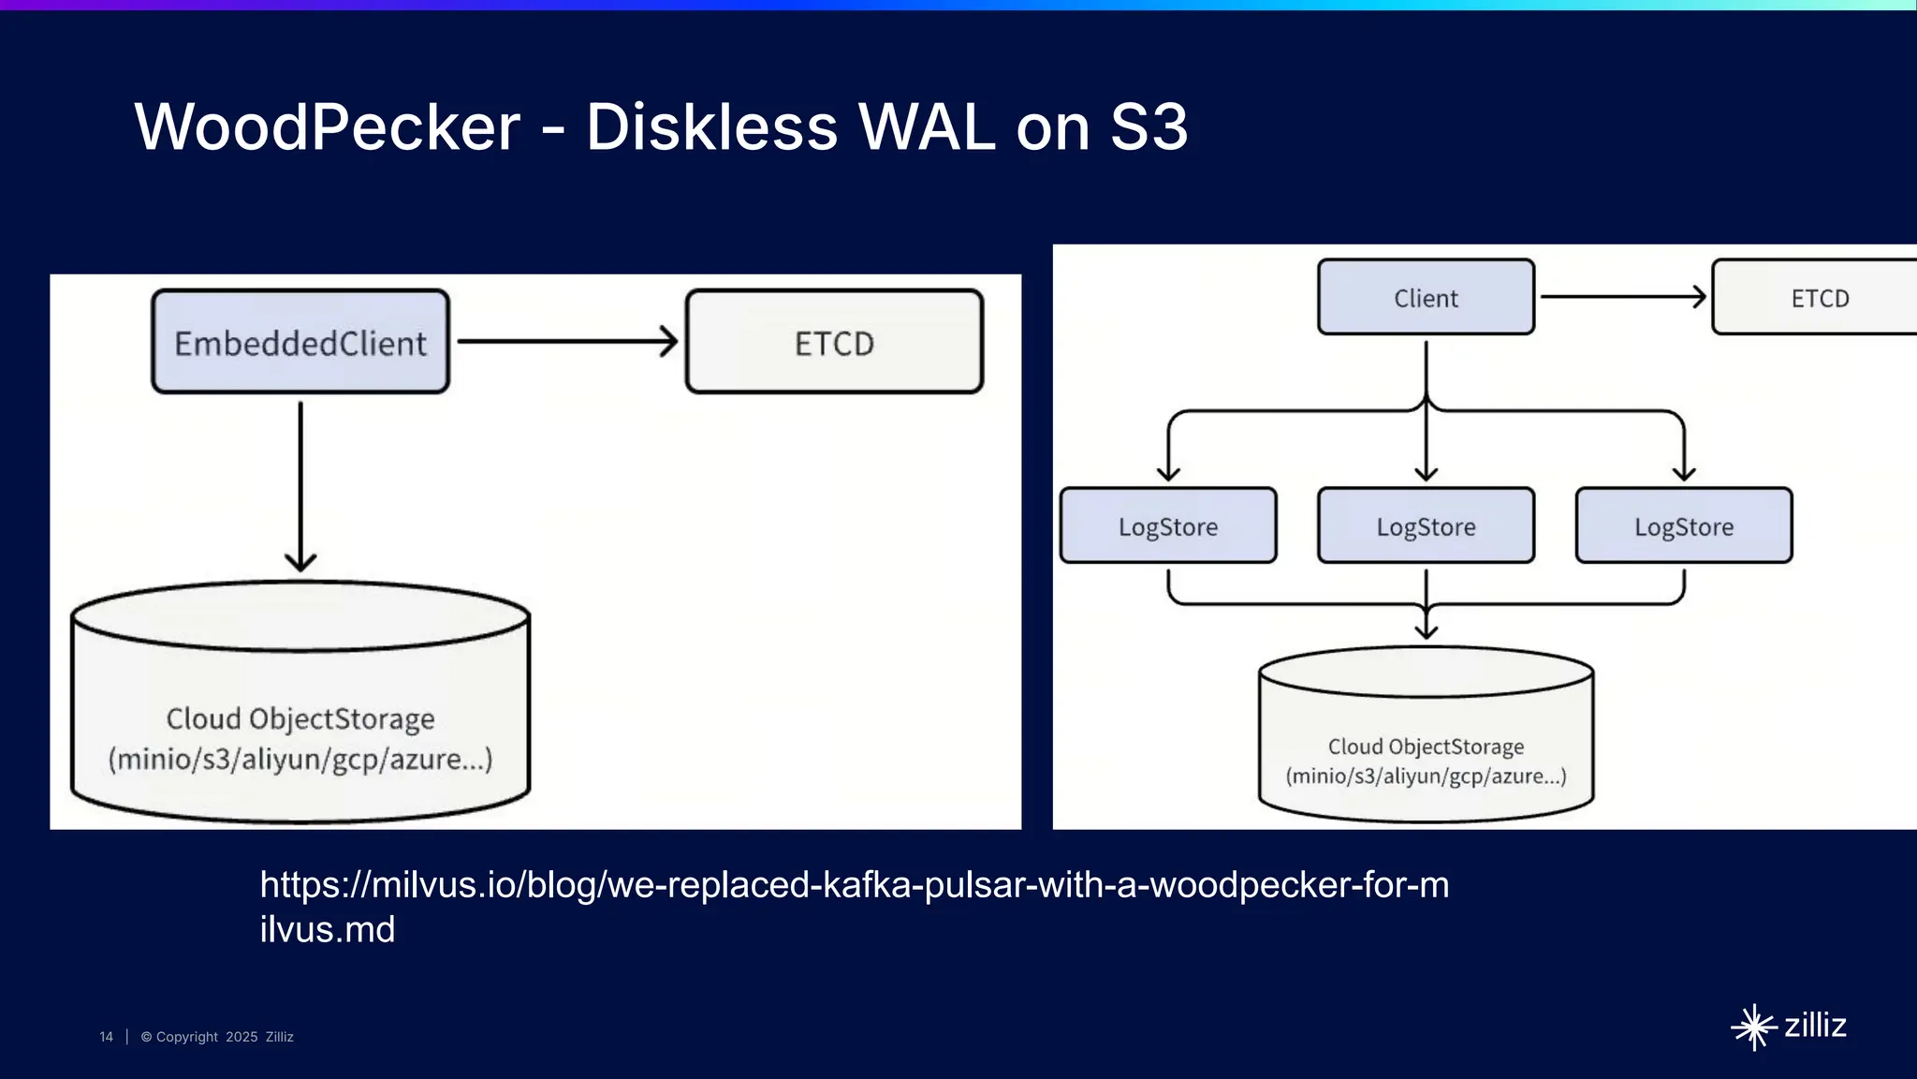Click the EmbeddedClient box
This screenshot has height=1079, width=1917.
(x=300, y=342)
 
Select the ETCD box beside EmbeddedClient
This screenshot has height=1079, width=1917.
(x=834, y=342)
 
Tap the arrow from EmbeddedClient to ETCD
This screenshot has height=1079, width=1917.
(x=567, y=341)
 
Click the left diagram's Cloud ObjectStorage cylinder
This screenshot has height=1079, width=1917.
(x=300, y=712)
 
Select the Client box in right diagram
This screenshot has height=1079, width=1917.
(x=1426, y=297)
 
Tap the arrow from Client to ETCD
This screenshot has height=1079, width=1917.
(x=1622, y=297)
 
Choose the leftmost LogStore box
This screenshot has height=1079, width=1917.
(x=1168, y=525)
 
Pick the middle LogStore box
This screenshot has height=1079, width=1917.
(x=1426, y=525)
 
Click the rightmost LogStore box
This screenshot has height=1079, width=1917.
(x=1684, y=525)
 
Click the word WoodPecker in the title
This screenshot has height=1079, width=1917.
(x=328, y=126)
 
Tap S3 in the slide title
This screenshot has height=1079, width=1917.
(x=1149, y=126)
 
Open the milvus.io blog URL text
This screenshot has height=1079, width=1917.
(x=854, y=885)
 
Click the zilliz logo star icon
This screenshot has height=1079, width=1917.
(x=1753, y=1027)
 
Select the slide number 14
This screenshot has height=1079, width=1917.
(x=106, y=1037)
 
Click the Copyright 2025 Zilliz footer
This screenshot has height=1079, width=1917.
(x=217, y=1037)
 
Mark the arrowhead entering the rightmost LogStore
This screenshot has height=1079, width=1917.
(x=1684, y=474)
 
